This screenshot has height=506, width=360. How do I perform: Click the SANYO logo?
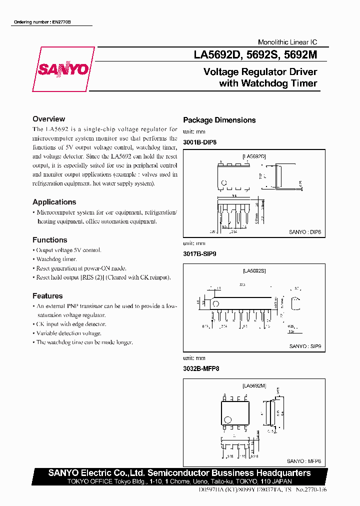tap(63, 69)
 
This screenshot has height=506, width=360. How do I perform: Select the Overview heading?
tap(48, 119)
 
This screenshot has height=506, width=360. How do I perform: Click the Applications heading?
tap(54, 202)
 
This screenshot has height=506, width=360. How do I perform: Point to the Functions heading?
tap(49, 240)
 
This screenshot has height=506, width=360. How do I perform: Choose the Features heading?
tap(47, 296)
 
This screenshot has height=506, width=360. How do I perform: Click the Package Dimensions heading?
tap(219, 120)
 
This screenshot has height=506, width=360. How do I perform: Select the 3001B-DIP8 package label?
tap(200, 142)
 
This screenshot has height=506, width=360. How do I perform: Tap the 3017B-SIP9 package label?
tap(199, 254)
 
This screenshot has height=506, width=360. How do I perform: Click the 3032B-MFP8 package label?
tap(201, 368)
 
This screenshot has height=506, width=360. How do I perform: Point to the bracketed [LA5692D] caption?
tap(254, 156)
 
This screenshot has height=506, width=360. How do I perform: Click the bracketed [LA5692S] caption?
tap(254, 270)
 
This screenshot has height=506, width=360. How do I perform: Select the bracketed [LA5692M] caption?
tap(254, 386)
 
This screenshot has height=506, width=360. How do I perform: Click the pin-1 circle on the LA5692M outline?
tap(227, 419)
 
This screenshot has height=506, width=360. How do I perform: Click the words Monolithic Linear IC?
tap(287, 42)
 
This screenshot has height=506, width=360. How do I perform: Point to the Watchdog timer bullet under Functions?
tap(56, 259)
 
